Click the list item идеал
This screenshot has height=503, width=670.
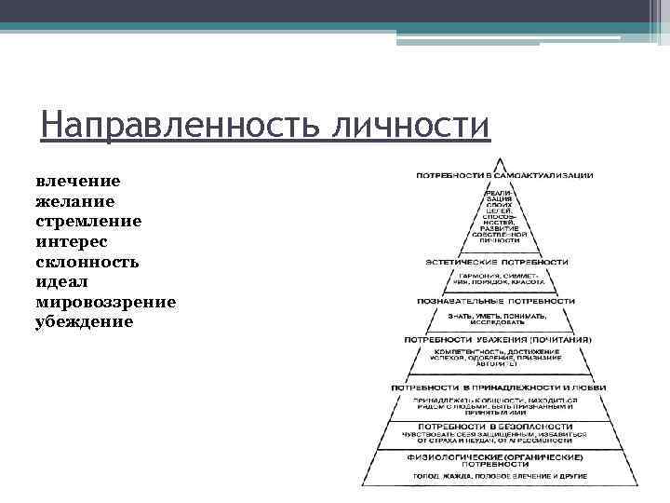[62, 281]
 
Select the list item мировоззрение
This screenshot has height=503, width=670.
[105, 302]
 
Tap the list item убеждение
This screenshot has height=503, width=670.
[84, 322]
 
